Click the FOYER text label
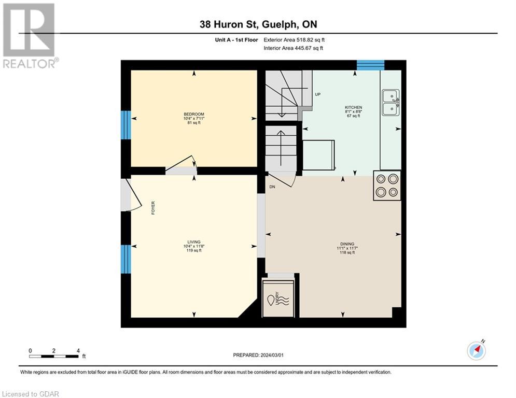[153, 208]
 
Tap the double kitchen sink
[390, 102]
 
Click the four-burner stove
[387, 186]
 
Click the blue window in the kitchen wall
[370, 65]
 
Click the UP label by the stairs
[317, 94]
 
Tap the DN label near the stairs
[272, 187]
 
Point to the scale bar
[54, 356]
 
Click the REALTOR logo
[30, 36]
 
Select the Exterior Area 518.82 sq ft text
[294, 39]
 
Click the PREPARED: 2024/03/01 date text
[259, 355]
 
